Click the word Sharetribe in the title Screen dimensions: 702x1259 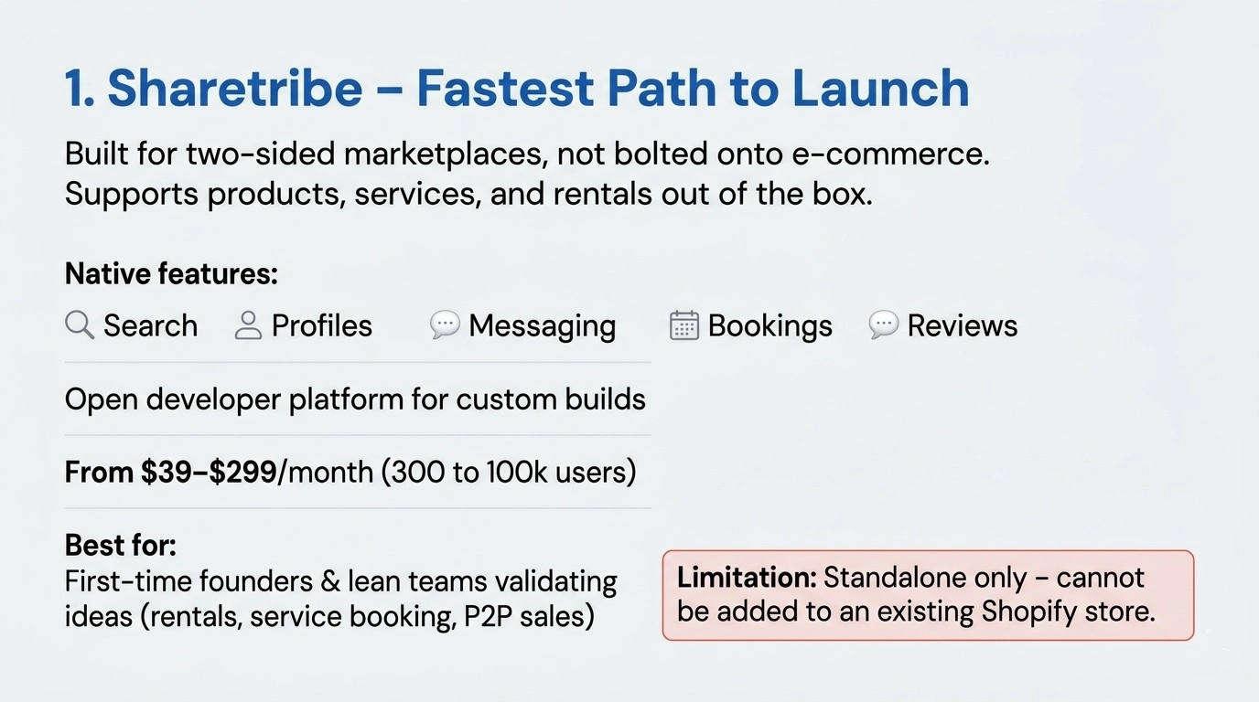pyautogui.click(x=235, y=89)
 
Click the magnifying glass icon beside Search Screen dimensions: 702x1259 pyautogui.click(x=80, y=324)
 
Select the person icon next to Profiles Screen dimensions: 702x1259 pyautogui.click(x=248, y=325)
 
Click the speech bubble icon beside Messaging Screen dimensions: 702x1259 pyautogui.click(x=445, y=324)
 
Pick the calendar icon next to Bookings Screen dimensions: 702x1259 pyautogui.click(x=684, y=325)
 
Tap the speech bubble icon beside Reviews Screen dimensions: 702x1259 pyautogui.click(x=883, y=324)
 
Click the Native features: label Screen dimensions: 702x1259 pyautogui.click(x=171, y=273)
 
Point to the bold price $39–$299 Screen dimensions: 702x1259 pyautogui.click(x=209, y=472)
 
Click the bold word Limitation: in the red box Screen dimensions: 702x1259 pyautogui.click(x=746, y=578)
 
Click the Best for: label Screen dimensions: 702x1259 pyautogui.click(x=121, y=546)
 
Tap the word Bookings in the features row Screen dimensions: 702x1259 pyautogui.click(x=769, y=325)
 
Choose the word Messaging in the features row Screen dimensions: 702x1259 pyautogui.click(x=542, y=325)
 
